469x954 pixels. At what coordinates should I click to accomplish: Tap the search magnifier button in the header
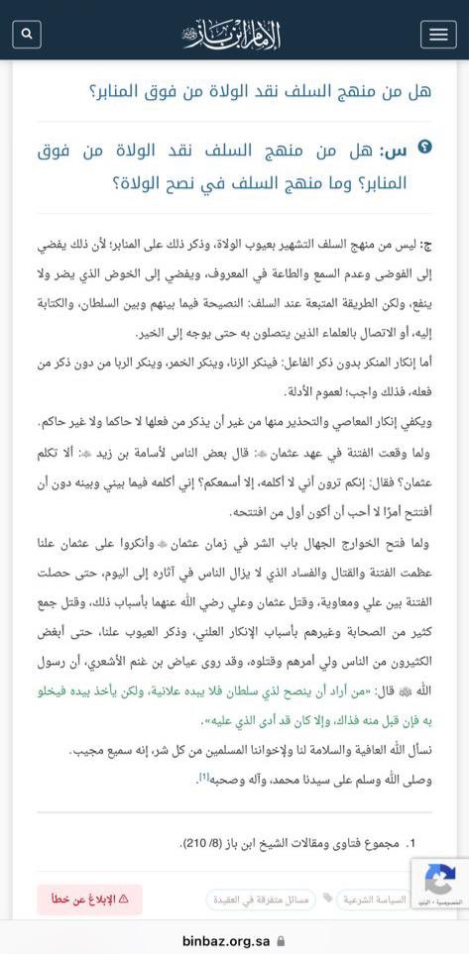coord(27,34)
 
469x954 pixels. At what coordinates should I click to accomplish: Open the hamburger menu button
coord(438,34)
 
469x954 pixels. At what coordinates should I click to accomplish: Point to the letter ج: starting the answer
coord(426,245)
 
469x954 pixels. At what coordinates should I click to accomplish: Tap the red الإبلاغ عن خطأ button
coord(89,900)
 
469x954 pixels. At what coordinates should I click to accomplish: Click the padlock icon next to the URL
coord(282,940)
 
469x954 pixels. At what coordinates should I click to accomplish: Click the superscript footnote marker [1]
coord(203,778)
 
